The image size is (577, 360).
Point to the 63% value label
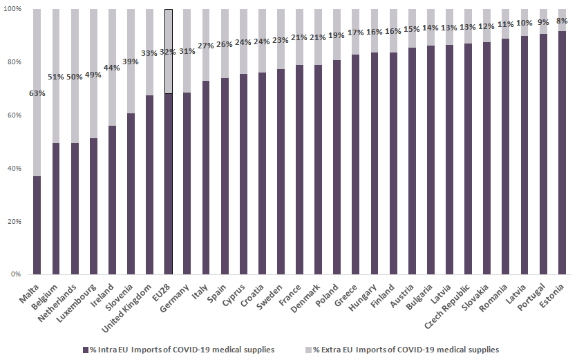tap(37, 93)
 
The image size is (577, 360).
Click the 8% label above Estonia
tap(561, 21)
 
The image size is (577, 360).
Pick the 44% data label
tap(112, 68)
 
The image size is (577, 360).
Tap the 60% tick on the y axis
tap(14, 115)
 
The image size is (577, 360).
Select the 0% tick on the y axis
tap(16, 275)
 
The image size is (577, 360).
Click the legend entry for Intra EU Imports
tap(178, 350)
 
